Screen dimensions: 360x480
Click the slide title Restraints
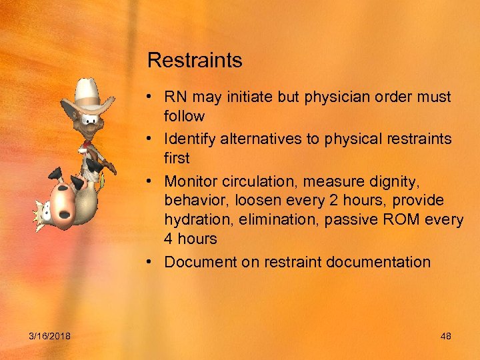coord(195,61)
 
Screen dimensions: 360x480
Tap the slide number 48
coord(446,336)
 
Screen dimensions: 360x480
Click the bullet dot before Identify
coord(153,139)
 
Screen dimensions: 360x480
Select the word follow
coord(184,116)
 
